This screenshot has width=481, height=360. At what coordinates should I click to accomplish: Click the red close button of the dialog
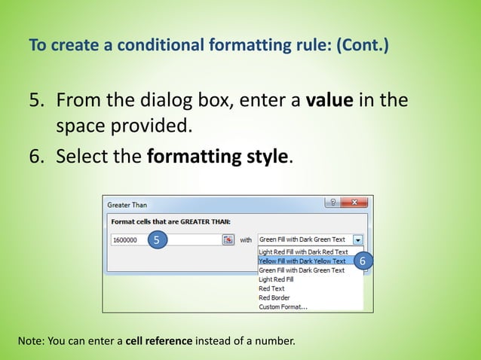[x=354, y=203]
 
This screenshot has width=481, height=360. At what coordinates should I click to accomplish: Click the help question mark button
[x=332, y=203]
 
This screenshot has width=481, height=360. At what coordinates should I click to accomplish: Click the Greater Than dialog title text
[x=127, y=204]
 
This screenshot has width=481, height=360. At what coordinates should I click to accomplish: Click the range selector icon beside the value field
[x=228, y=239]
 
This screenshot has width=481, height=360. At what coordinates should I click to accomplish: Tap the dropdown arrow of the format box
[x=357, y=239]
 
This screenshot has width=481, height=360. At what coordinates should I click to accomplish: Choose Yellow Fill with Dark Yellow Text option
[x=302, y=261]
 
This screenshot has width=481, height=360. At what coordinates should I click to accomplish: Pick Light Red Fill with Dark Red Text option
[x=303, y=252]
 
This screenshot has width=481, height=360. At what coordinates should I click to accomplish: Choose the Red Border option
[x=274, y=297]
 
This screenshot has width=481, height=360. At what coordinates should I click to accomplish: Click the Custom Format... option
[x=283, y=307]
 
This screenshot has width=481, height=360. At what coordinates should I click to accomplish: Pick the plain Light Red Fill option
[x=276, y=279]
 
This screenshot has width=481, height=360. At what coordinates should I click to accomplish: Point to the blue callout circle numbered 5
[x=156, y=239]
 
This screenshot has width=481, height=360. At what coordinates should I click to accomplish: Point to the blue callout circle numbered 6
[x=362, y=261]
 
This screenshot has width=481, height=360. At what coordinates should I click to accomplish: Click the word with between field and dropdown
[x=246, y=239]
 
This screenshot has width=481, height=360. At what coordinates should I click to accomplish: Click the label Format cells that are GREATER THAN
[x=170, y=221]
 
